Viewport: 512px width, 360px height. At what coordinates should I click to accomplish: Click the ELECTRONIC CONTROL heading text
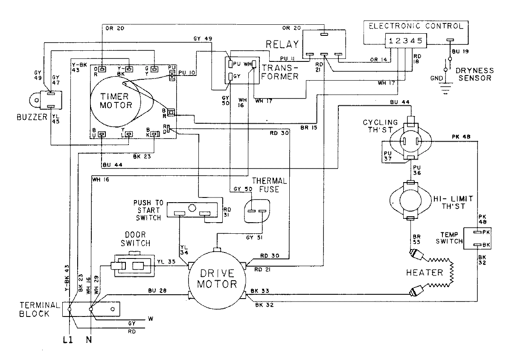click(415, 26)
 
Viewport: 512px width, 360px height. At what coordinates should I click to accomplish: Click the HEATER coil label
click(425, 272)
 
